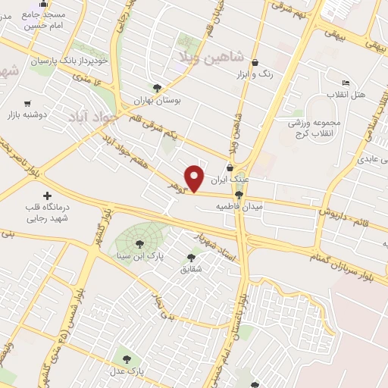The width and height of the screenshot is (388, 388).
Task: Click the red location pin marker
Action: tap(195, 177)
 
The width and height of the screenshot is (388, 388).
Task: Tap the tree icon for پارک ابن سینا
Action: tap(139, 243)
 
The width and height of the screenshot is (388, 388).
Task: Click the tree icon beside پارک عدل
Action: tap(127, 358)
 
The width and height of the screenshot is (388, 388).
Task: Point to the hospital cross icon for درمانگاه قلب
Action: tap(48, 196)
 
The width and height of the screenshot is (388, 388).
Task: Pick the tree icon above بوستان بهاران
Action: tap(157, 88)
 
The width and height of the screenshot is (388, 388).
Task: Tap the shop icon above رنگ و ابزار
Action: tap(255, 62)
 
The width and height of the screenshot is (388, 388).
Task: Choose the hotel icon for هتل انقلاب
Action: tap(346, 83)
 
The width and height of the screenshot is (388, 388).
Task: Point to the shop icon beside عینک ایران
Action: tap(230, 168)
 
